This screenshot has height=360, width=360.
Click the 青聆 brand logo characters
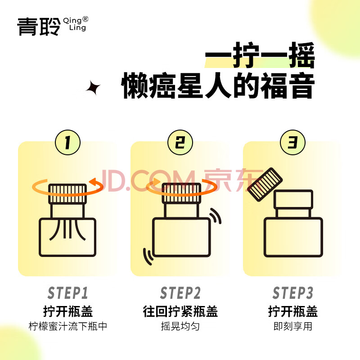(39, 27)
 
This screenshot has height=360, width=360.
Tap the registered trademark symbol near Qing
(85, 19)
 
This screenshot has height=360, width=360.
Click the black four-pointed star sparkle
(93, 88)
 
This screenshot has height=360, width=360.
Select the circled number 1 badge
(68, 142)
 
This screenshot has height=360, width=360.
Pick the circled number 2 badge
(180, 142)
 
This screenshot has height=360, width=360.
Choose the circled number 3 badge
(293, 142)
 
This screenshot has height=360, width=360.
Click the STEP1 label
(68, 293)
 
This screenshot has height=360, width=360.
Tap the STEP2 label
(180, 293)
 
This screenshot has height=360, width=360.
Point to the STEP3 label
(293, 293)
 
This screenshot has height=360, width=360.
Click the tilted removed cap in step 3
(265, 184)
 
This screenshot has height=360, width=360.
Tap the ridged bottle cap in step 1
(67, 194)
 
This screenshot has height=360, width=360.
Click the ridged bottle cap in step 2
(181, 193)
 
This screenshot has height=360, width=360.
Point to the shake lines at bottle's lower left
(148, 256)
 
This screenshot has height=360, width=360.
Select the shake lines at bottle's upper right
(216, 216)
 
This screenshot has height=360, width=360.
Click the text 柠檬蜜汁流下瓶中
(68, 326)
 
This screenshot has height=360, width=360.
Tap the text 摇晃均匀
(180, 326)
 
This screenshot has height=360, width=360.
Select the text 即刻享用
(293, 326)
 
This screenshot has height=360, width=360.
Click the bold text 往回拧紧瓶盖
(180, 311)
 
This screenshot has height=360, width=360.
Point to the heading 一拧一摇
(260, 55)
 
